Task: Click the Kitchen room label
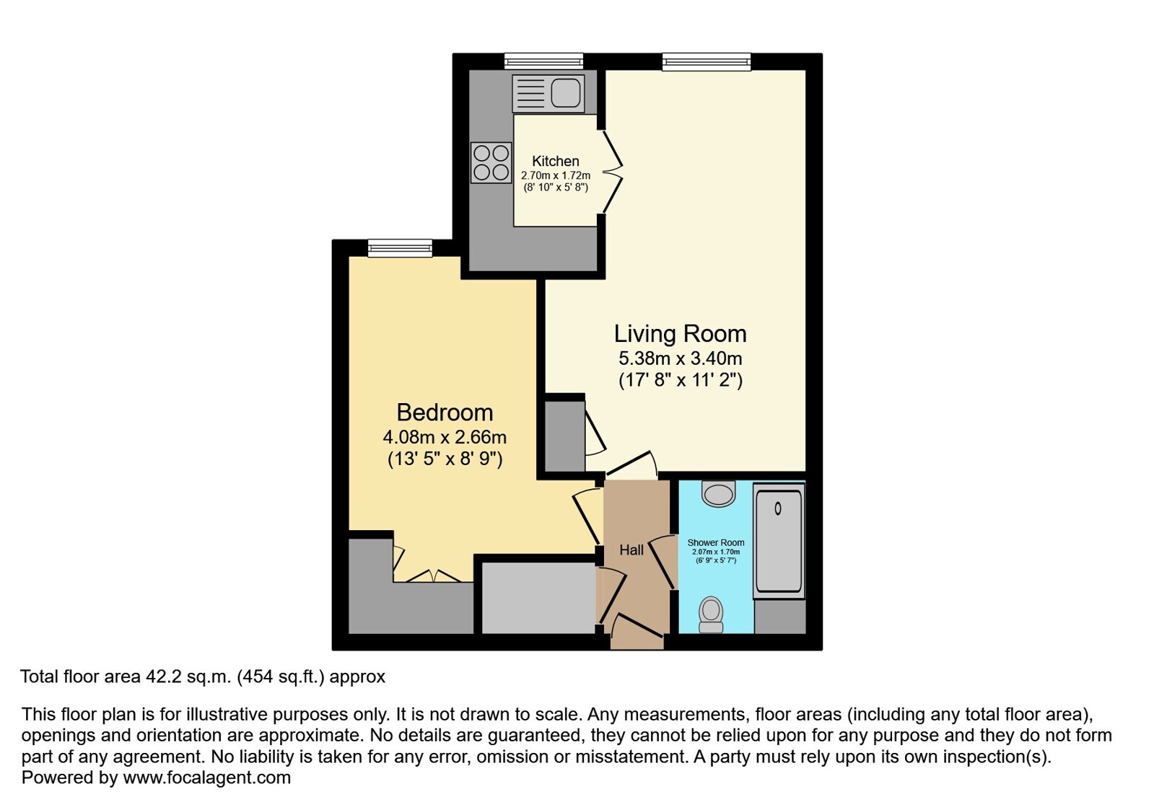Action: [556, 161]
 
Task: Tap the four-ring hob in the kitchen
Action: [491, 163]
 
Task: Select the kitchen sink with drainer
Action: [548, 94]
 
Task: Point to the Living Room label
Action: [680, 334]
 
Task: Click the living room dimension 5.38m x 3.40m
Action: [680, 358]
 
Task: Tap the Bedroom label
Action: [445, 413]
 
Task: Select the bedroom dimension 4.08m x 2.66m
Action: [445, 438]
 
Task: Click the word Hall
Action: [631, 550]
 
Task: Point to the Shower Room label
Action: [716, 542]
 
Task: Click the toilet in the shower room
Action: [712, 614]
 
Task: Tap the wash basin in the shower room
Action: [719, 494]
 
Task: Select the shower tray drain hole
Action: [778, 508]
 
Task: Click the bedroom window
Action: [400, 249]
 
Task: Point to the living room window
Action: [707, 62]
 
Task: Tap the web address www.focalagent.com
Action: [206, 777]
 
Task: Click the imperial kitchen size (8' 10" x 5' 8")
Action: [556, 188]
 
